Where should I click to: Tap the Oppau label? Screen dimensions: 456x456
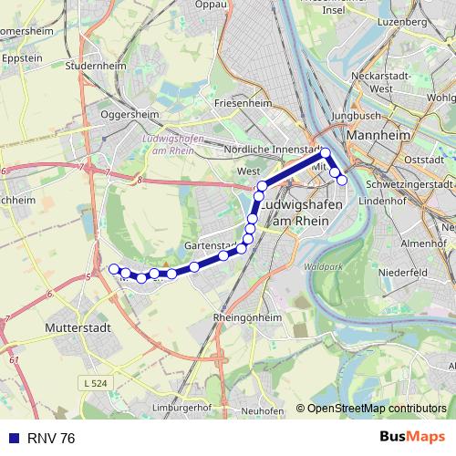(211, 5)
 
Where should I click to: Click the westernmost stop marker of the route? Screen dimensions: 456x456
(114, 268)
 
